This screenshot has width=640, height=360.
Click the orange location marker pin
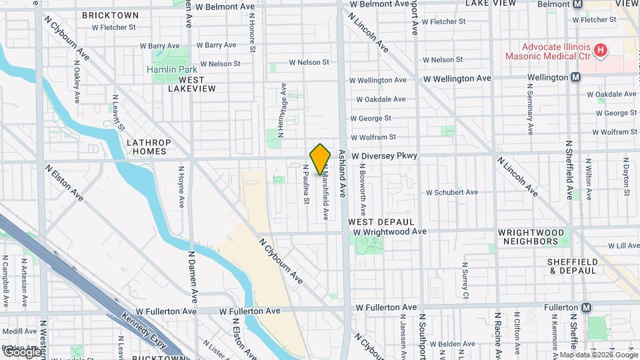click(321, 159)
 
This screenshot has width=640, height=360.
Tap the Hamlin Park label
click(168, 69)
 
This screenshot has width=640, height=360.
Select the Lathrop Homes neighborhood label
click(149, 147)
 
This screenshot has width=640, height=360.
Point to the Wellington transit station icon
click(575, 77)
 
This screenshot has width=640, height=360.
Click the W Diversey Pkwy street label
click(385, 155)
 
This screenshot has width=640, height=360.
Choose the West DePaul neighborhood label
click(381, 221)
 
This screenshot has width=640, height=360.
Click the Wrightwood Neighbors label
click(532, 237)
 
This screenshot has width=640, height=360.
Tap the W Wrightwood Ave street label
click(390, 231)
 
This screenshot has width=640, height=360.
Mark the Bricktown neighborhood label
click(111, 15)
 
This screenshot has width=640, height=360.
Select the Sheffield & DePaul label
click(573, 266)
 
